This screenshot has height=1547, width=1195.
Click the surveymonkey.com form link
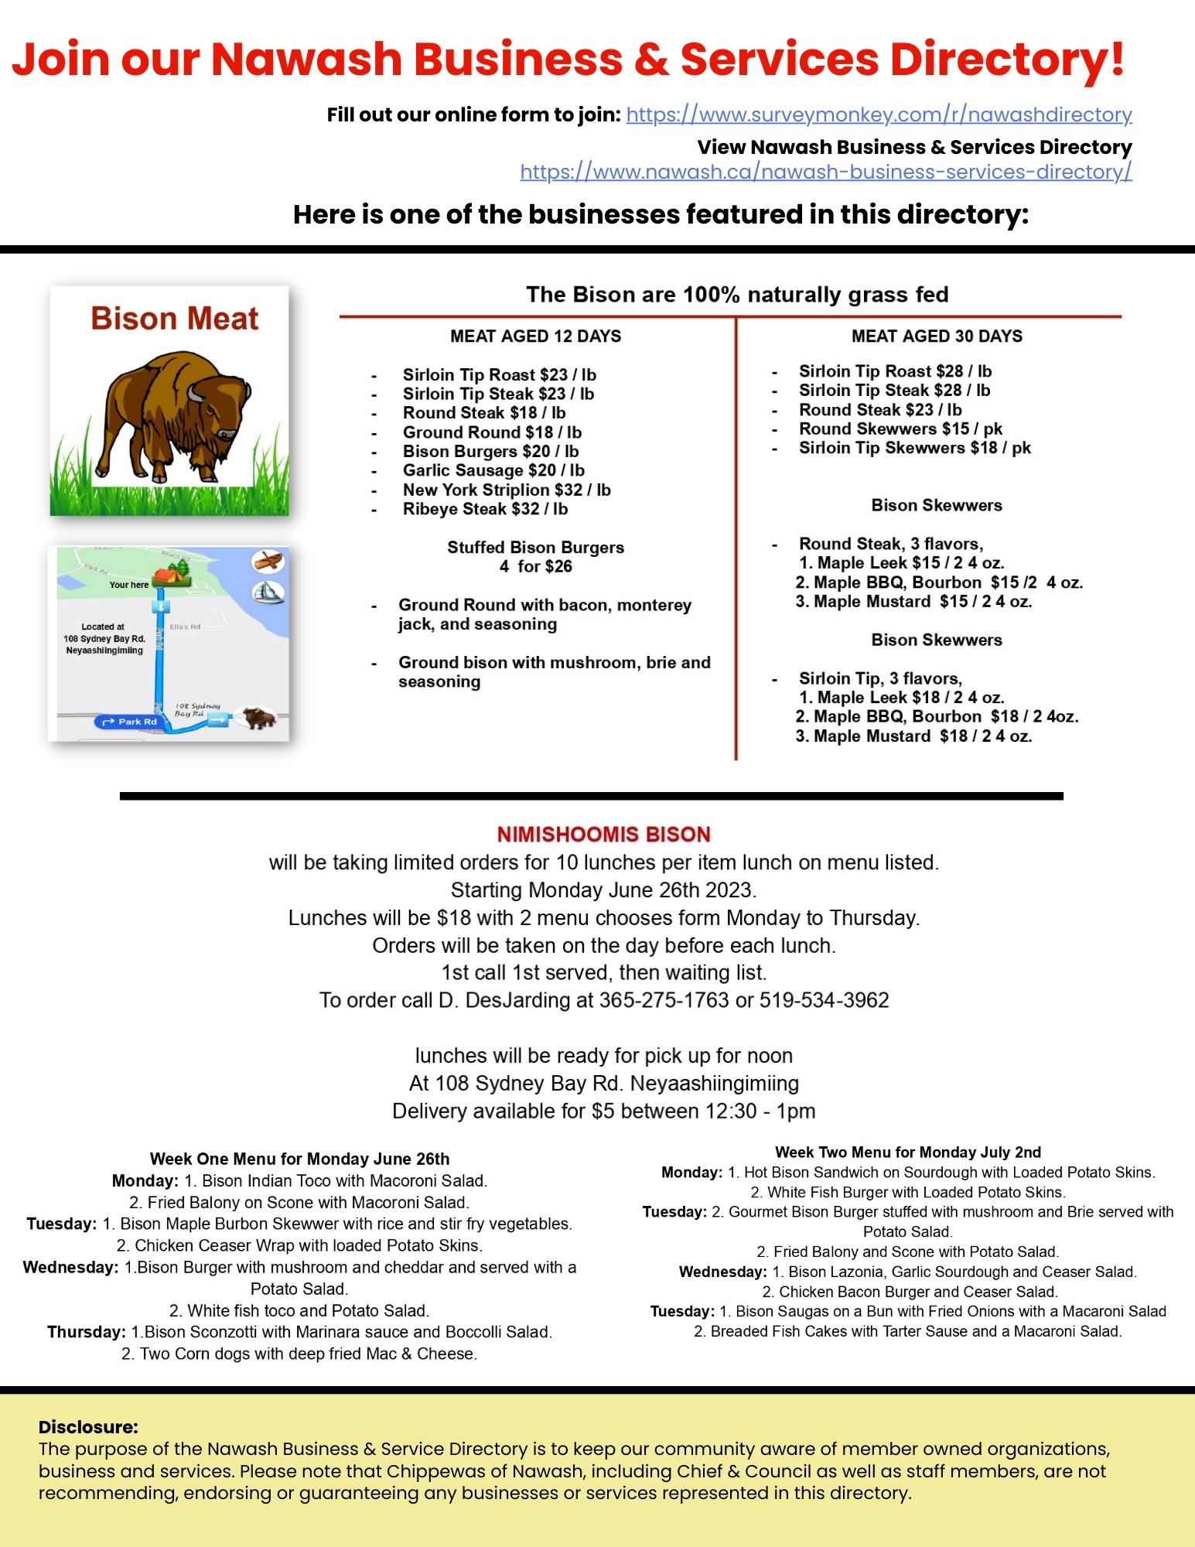[879, 115]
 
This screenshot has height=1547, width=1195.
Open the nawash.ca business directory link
[826, 172]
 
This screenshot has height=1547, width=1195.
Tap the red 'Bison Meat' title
[174, 319]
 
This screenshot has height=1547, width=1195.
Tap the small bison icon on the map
[258, 718]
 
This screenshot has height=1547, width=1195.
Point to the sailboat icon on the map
[268, 593]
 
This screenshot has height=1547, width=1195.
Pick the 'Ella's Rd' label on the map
[185, 626]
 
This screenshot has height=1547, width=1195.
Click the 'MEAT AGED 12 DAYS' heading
[535, 336]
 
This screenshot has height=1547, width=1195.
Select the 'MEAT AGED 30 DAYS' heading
[937, 336]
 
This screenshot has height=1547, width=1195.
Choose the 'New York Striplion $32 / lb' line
[507, 490]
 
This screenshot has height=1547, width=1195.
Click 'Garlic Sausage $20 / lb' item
[493, 470]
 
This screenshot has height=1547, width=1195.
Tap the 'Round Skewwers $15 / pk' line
[900, 429]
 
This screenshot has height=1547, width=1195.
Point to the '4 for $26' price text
[535, 566]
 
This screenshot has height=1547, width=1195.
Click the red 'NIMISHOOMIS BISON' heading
[603, 835]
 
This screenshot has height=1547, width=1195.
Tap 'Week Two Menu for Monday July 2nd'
[908, 1152]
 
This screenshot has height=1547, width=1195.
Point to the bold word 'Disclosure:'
[88, 1426]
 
